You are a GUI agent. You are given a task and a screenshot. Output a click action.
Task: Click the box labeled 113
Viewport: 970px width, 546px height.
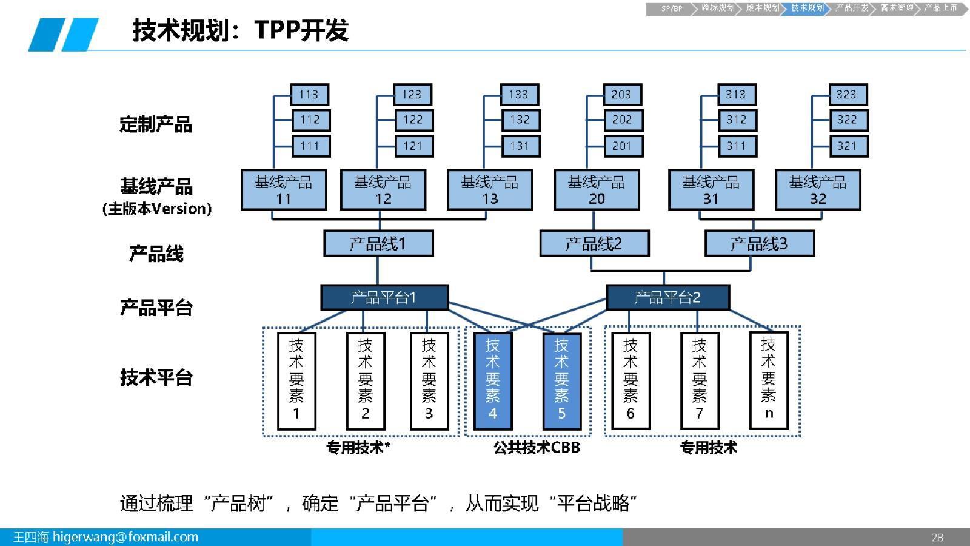point(309,95)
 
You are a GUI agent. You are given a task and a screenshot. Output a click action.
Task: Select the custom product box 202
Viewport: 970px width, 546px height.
point(623,120)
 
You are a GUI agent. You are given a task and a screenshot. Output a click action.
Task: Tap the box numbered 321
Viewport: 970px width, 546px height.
point(848,146)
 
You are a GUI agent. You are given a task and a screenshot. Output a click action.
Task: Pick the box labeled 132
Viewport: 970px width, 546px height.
point(520,120)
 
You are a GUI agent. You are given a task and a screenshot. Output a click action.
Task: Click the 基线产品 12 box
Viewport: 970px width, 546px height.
point(383,190)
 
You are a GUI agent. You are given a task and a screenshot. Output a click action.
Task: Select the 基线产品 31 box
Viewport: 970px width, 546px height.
point(711,190)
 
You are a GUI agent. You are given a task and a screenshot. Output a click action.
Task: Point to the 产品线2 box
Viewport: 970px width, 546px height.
point(594,244)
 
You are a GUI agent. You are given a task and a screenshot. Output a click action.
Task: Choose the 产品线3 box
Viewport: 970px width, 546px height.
point(759,244)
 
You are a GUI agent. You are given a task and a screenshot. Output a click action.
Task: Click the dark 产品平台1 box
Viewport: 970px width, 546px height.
point(384,297)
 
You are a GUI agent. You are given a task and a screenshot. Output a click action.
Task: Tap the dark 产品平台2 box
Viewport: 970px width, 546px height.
point(667,297)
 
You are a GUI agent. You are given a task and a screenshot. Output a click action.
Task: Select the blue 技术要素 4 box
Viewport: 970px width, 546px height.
point(493,381)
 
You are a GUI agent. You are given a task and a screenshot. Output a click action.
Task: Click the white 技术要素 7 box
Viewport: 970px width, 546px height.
point(700,381)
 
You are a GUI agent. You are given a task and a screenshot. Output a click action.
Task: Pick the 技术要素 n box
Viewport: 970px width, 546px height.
point(769,381)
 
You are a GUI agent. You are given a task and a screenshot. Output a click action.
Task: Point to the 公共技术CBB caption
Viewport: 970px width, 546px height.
point(537,448)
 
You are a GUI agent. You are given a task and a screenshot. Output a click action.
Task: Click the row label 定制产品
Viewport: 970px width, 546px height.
point(156,124)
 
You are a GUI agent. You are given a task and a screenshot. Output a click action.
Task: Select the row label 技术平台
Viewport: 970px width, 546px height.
point(156,377)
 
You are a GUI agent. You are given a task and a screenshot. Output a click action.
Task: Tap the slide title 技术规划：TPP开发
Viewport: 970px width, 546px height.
point(241,30)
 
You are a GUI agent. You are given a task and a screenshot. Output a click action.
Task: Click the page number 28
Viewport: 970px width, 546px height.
point(937,538)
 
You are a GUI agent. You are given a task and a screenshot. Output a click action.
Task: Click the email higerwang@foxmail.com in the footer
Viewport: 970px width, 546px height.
point(125,538)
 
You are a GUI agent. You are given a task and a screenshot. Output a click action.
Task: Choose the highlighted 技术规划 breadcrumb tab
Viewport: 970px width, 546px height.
point(807,8)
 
